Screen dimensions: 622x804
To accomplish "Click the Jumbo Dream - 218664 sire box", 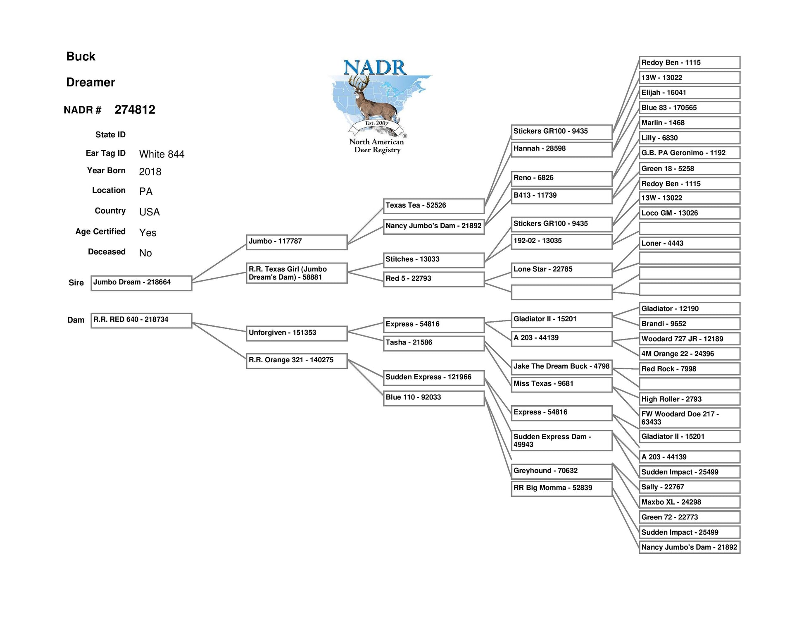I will click(141, 283).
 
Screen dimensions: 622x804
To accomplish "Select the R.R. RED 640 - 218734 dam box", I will click(141, 321).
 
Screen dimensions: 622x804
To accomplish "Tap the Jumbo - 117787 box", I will click(297, 242).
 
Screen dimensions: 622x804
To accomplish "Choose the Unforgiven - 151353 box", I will click(297, 333).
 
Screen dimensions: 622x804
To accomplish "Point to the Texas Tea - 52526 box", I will click(433, 206).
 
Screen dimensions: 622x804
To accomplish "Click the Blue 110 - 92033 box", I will click(433, 398).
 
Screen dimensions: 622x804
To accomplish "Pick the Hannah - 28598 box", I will click(561, 149).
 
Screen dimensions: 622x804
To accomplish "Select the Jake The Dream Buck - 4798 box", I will click(561, 367).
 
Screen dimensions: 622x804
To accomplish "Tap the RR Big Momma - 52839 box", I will click(561, 488).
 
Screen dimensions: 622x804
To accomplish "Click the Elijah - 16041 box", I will click(690, 93).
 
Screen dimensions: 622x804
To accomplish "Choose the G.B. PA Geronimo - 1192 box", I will click(690, 153).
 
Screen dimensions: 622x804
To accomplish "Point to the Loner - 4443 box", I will click(690, 243).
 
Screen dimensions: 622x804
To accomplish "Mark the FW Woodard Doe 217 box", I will click(690, 418).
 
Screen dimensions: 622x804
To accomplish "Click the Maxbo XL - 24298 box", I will click(690, 502).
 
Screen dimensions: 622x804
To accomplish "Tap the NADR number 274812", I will click(135, 110).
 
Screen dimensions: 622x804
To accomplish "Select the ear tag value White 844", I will click(162, 154).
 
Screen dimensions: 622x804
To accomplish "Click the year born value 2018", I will click(150, 172).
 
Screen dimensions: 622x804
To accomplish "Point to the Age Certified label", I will click(100, 232).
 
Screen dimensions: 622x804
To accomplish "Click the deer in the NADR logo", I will click(372, 99).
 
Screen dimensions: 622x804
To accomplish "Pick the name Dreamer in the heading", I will click(90, 82).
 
